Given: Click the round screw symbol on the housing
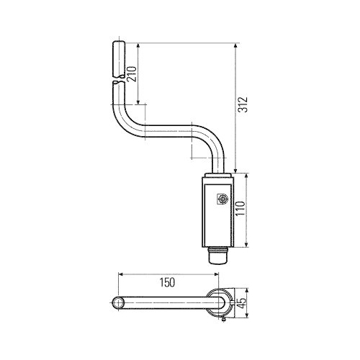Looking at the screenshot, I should (222, 199).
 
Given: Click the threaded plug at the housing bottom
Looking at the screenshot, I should (217, 255).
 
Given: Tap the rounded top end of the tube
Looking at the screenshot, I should (119, 45).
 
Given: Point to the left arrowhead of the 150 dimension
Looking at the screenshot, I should (122, 274).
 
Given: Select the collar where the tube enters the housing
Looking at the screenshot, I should (217, 176).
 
